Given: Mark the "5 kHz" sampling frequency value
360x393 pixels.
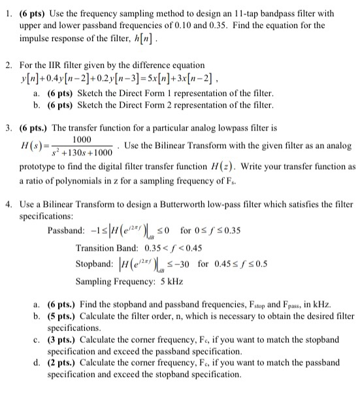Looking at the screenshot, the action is pos(168,281).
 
